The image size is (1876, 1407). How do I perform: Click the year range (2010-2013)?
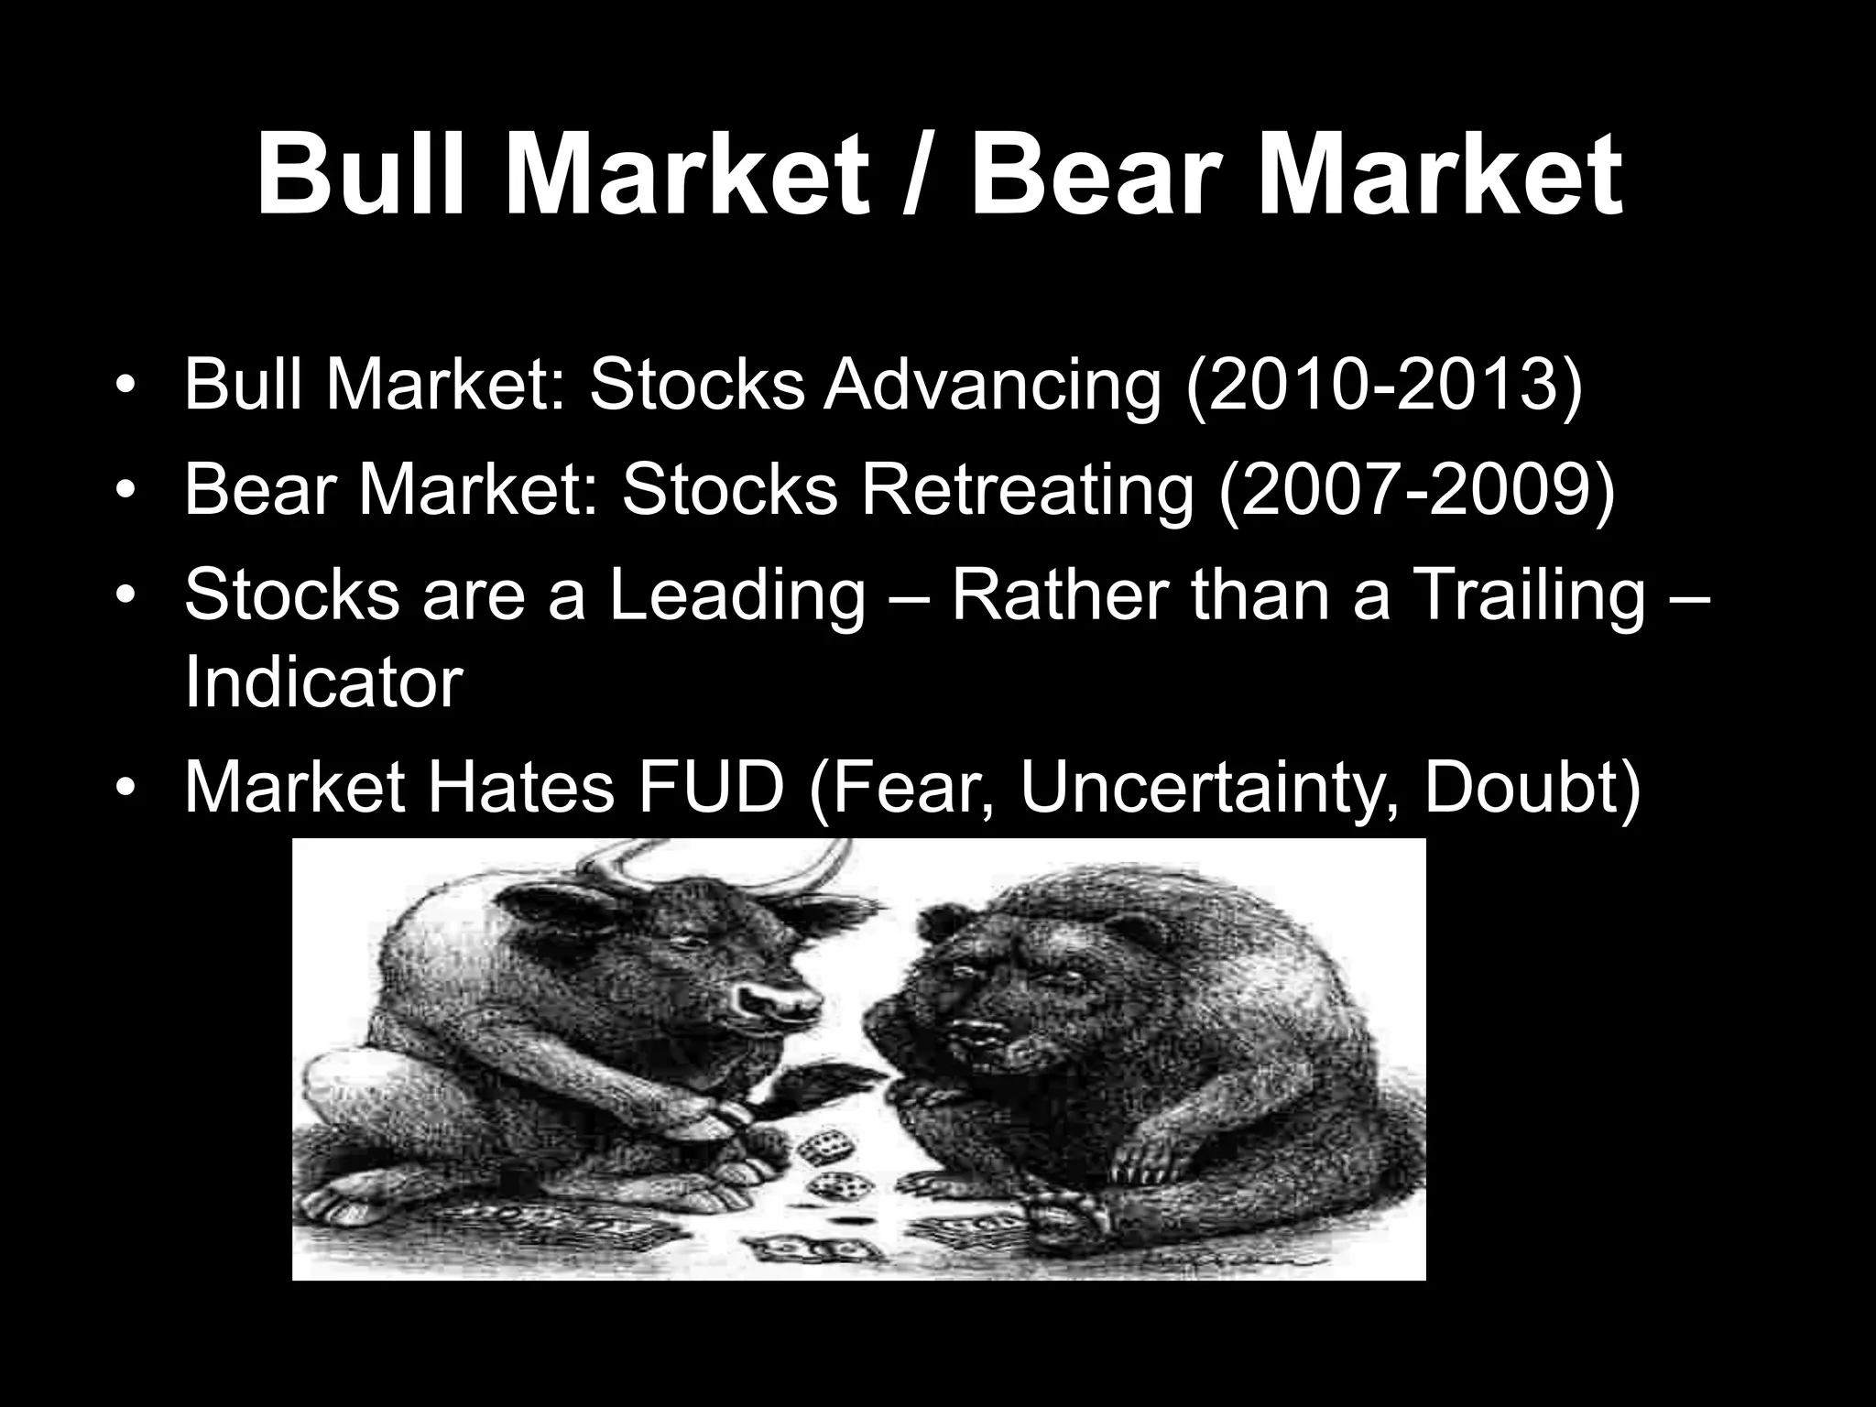point(1384,385)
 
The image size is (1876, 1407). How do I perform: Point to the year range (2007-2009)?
point(1416,489)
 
